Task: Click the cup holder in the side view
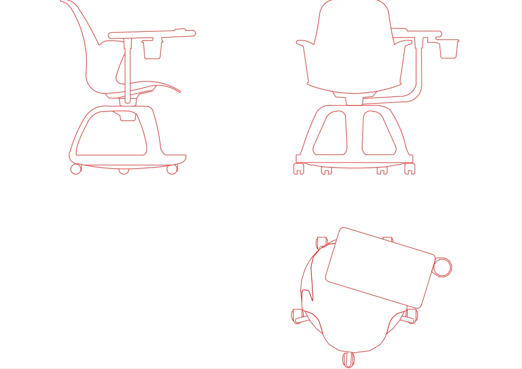click(x=153, y=49)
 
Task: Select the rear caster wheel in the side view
click(x=76, y=169)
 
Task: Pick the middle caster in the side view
click(x=124, y=171)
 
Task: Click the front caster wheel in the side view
click(x=172, y=169)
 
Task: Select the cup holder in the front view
click(x=448, y=49)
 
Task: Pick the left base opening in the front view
click(x=331, y=134)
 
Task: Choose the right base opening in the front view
click(x=378, y=134)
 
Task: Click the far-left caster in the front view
click(x=298, y=169)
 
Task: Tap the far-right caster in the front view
click(x=409, y=169)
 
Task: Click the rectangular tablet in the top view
click(x=380, y=268)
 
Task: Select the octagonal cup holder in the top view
click(x=442, y=267)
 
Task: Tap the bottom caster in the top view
click(x=348, y=359)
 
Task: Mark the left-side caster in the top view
click(x=298, y=316)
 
